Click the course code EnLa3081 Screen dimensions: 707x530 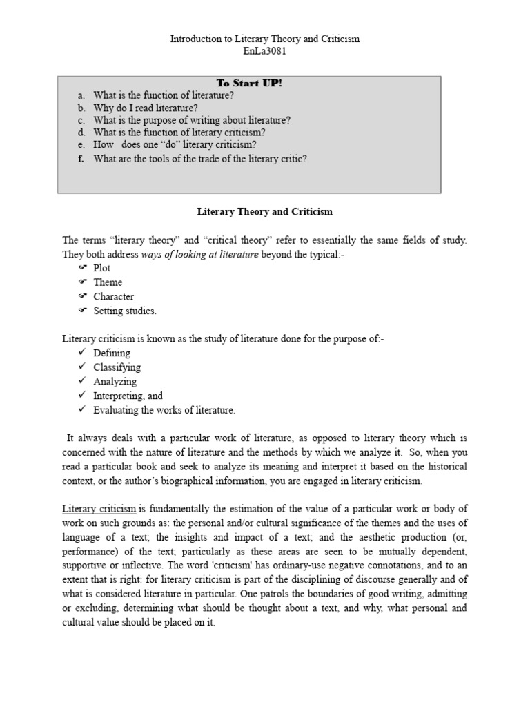click(265, 51)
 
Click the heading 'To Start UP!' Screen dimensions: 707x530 click(249, 83)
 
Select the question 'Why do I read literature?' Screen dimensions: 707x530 click(145, 108)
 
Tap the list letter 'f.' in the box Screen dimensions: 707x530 click(81, 158)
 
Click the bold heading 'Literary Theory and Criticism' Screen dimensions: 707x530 click(265, 211)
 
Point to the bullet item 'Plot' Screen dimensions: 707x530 click(102, 268)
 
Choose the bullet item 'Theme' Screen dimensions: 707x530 click(108, 282)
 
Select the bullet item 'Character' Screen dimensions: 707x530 click(114, 297)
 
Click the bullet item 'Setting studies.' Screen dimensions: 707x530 click(125, 311)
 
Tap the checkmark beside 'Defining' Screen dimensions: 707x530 click(81, 353)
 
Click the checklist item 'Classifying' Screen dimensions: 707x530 click(117, 367)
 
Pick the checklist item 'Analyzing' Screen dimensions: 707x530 click(115, 381)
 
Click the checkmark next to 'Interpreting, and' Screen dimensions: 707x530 click(81, 396)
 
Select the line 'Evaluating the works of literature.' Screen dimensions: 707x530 click(164, 410)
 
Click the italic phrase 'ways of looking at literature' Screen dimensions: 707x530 click(200, 254)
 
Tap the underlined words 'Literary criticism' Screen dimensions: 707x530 click(99, 510)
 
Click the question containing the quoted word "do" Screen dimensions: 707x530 click(175, 144)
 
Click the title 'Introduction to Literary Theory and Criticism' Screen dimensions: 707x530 click(265, 39)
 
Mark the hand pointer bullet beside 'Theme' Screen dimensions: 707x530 click(81, 282)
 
